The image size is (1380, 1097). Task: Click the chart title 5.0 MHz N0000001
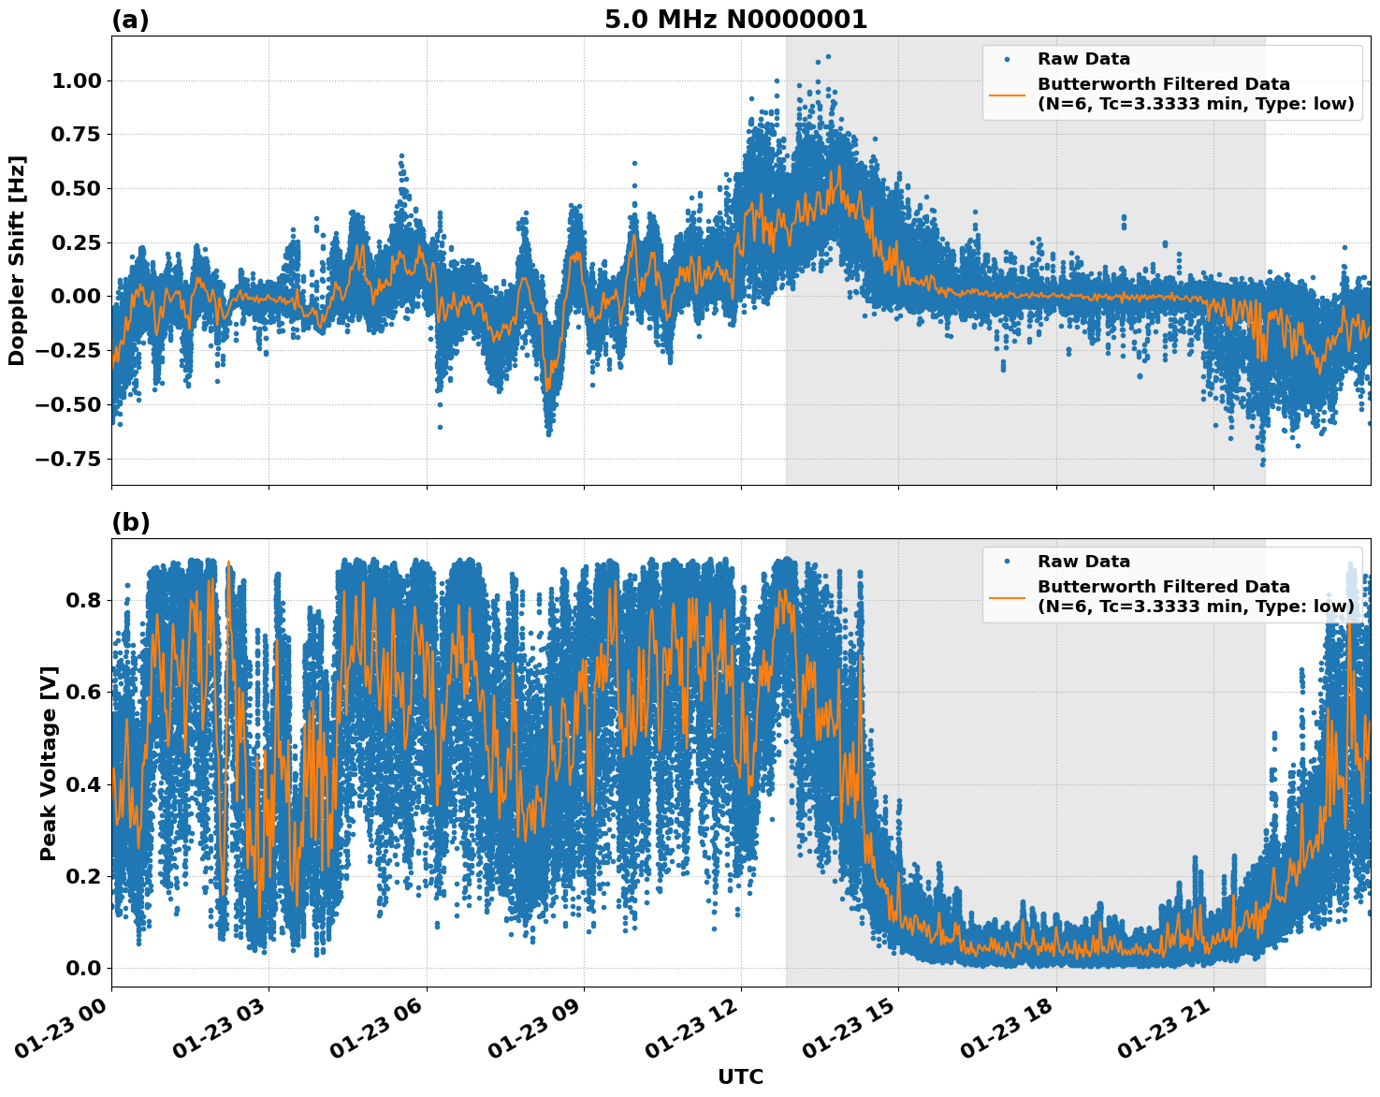click(x=735, y=20)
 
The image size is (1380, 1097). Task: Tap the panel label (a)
click(x=130, y=20)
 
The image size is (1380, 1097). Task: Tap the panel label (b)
click(x=130, y=522)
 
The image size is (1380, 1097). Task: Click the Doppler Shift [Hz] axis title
click(x=17, y=260)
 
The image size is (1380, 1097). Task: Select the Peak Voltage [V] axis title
click(x=49, y=763)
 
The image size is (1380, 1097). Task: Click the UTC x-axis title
click(x=740, y=1076)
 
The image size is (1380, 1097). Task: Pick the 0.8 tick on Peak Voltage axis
click(x=83, y=599)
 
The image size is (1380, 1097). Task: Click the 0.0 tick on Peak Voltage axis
click(x=83, y=968)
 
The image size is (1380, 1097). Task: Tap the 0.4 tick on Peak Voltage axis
click(x=83, y=783)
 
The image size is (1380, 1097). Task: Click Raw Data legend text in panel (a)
click(x=1083, y=59)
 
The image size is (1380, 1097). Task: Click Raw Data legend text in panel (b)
click(x=1083, y=562)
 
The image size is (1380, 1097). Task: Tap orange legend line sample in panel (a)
click(x=1007, y=95)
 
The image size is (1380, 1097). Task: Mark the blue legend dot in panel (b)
click(x=1007, y=562)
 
